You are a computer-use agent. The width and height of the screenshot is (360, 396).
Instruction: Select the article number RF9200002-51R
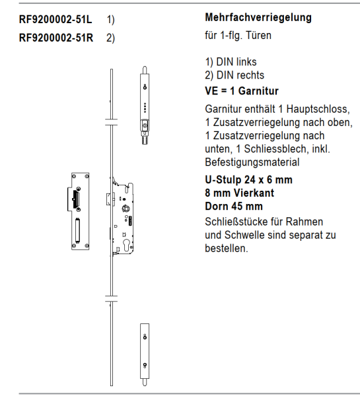(x=56, y=37)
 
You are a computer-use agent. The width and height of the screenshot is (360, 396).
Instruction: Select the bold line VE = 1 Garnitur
(x=242, y=90)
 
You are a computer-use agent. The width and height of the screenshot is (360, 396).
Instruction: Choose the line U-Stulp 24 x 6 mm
(x=249, y=180)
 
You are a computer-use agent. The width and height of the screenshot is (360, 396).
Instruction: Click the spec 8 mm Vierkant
(x=239, y=193)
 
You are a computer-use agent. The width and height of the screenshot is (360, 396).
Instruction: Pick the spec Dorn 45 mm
(x=234, y=206)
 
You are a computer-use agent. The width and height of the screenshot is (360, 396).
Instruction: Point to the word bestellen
(x=227, y=248)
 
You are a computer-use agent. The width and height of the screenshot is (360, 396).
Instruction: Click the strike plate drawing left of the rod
(x=79, y=211)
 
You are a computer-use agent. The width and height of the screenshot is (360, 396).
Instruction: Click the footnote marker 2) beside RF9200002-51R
(x=110, y=37)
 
